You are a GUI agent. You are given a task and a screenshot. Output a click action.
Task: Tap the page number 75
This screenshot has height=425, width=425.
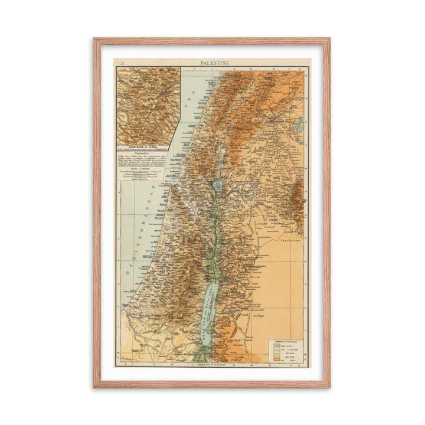[122, 62]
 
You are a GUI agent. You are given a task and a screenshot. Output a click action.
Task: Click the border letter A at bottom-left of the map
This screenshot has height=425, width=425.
[122, 364]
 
